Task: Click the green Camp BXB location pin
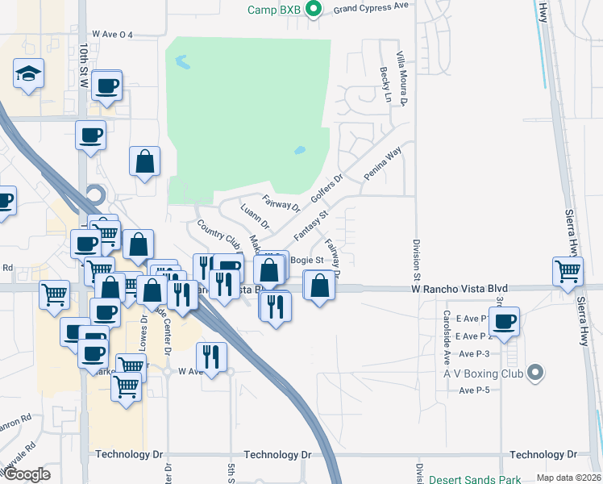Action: [315, 10]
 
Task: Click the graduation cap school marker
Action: [27, 75]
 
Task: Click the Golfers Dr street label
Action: [326, 191]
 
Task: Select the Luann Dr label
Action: [255, 216]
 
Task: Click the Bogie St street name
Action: [306, 261]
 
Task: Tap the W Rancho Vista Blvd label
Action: [459, 288]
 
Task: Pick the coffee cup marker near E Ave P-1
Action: [505, 321]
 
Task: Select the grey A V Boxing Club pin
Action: [533, 372]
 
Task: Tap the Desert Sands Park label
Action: [475, 479]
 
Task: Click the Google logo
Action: [27, 474]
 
